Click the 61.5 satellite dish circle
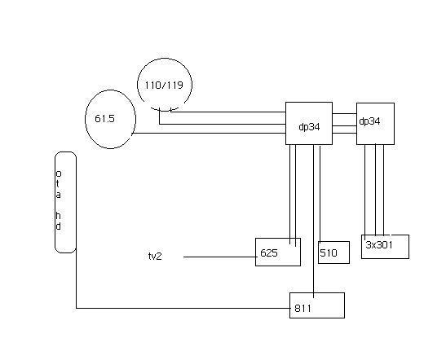86,120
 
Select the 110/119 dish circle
138,85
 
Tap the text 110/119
164,86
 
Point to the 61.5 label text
104,118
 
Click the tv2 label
155,257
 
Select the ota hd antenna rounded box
55,202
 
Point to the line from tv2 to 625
220,257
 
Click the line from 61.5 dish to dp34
209,134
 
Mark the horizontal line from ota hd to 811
183,308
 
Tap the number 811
303,309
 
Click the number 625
269,252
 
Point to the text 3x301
379,245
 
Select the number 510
329,252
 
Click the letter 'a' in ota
58,195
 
